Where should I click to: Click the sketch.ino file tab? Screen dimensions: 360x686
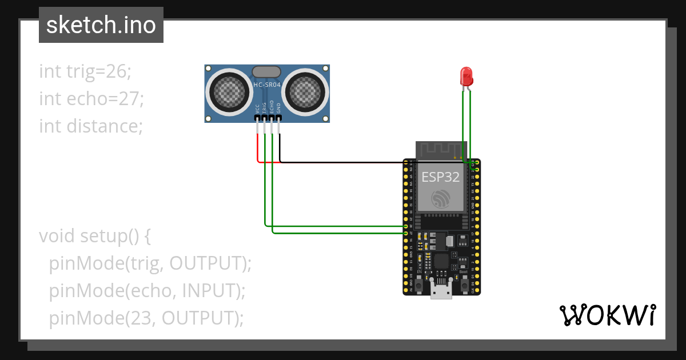[x=101, y=25]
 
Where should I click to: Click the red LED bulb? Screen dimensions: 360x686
[x=466, y=75]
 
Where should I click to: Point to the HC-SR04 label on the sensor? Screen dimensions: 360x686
[x=267, y=85]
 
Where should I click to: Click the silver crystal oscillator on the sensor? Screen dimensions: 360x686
[x=266, y=72]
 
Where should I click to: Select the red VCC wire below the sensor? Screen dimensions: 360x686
[x=258, y=149]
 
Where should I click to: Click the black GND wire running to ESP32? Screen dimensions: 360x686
[x=343, y=162]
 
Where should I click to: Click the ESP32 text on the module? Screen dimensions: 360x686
[x=441, y=177]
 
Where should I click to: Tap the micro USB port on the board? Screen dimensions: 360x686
[x=441, y=293]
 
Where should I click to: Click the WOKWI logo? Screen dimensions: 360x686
[x=607, y=315]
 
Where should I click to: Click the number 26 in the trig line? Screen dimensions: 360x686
[x=117, y=71]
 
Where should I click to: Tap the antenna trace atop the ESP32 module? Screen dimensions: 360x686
[x=441, y=150]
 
